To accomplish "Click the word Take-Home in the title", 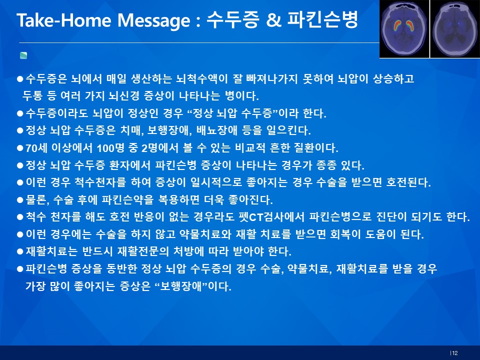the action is tap(63, 20).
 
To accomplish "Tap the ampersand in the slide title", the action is tap(273, 20).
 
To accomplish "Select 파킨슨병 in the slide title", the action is tap(322, 19).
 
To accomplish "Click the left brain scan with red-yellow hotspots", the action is tap(404, 29).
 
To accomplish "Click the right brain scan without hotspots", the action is tap(455, 29).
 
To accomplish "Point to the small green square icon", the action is tap(23, 55).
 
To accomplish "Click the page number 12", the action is tap(454, 353).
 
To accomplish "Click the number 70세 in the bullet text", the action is tap(36, 148).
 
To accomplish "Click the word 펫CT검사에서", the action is tap(271, 217).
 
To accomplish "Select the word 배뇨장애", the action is tap(216, 130).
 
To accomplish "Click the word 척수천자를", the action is tap(100, 182).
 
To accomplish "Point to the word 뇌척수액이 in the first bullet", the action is tap(202, 79).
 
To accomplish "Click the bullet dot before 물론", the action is tap(20, 200).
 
